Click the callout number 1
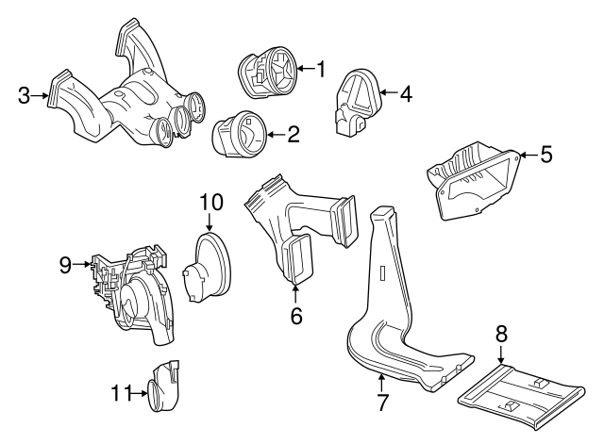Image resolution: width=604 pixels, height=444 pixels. (x=320, y=69)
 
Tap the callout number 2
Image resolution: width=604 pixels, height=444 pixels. (x=294, y=135)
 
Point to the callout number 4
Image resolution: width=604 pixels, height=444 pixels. (x=406, y=93)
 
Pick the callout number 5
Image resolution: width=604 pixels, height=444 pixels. (x=545, y=155)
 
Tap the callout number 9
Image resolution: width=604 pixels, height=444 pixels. (x=65, y=265)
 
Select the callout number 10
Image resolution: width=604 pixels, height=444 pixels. (x=210, y=202)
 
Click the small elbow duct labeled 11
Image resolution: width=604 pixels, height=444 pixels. (x=162, y=386)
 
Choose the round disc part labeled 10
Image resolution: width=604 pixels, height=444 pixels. (x=210, y=268)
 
